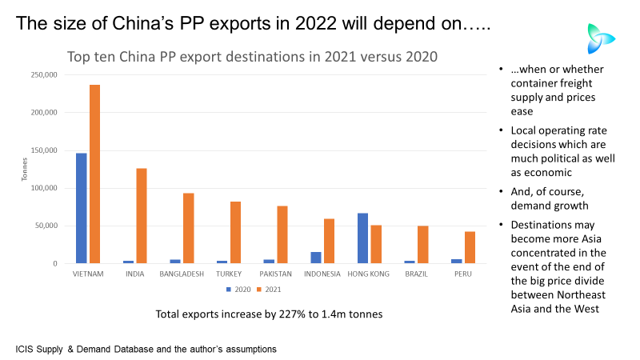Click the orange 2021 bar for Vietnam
[x=94, y=174]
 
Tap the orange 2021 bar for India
[x=142, y=215]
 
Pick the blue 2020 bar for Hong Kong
[x=362, y=238]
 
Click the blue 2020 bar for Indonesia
[x=316, y=257]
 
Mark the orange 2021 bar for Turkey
[x=235, y=232]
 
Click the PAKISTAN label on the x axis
[x=275, y=274]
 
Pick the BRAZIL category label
[x=417, y=274]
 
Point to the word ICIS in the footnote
[x=25, y=350]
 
